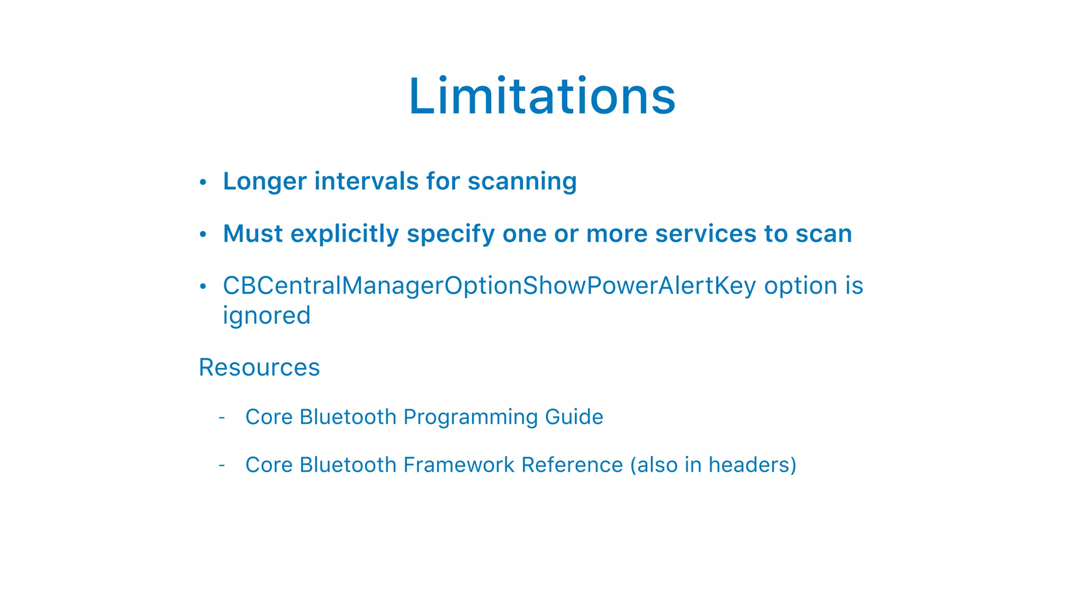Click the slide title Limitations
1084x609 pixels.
click(x=542, y=96)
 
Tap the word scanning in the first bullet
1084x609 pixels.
click(x=522, y=181)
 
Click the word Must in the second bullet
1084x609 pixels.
click(x=252, y=234)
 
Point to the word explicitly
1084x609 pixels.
click(x=345, y=234)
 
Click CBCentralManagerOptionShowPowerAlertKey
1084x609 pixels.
click(x=489, y=286)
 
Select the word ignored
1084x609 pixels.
click(x=266, y=316)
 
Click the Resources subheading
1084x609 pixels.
click(x=259, y=367)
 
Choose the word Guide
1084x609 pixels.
click(x=574, y=417)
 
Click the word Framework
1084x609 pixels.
click(x=458, y=465)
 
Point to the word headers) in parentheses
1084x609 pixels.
click(x=752, y=465)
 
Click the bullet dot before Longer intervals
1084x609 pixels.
click(x=203, y=182)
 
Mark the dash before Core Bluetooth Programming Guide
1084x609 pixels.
click(x=222, y=418)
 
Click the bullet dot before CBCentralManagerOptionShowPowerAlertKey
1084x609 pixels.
click(x=203, y=287)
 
